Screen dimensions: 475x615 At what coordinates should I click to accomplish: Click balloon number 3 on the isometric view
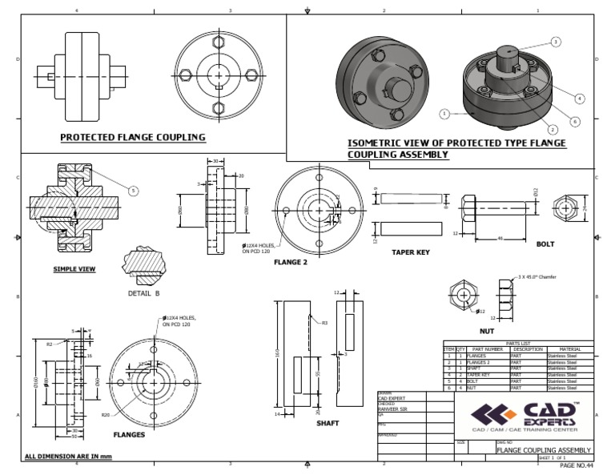point(555,41)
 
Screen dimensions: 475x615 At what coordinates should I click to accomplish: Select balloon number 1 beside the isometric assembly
point(444,115)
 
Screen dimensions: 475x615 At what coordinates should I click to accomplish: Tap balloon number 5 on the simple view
point(132,191)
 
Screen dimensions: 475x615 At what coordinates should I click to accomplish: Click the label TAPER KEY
point(411,252)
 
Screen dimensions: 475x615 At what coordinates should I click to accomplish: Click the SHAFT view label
point(328,423)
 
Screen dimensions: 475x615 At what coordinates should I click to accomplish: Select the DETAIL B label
point(144,293)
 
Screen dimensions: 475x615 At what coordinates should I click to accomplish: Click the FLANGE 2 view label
point(291,262)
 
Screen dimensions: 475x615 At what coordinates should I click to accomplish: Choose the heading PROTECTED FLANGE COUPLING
point(133,137)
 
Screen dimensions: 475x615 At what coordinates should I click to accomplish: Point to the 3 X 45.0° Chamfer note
point(537,276)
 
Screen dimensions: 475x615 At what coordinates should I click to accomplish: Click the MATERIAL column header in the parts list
point(569,349)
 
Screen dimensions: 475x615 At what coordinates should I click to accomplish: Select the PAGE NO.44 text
point(577,465)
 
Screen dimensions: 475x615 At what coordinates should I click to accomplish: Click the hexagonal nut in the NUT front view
point(464,294)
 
